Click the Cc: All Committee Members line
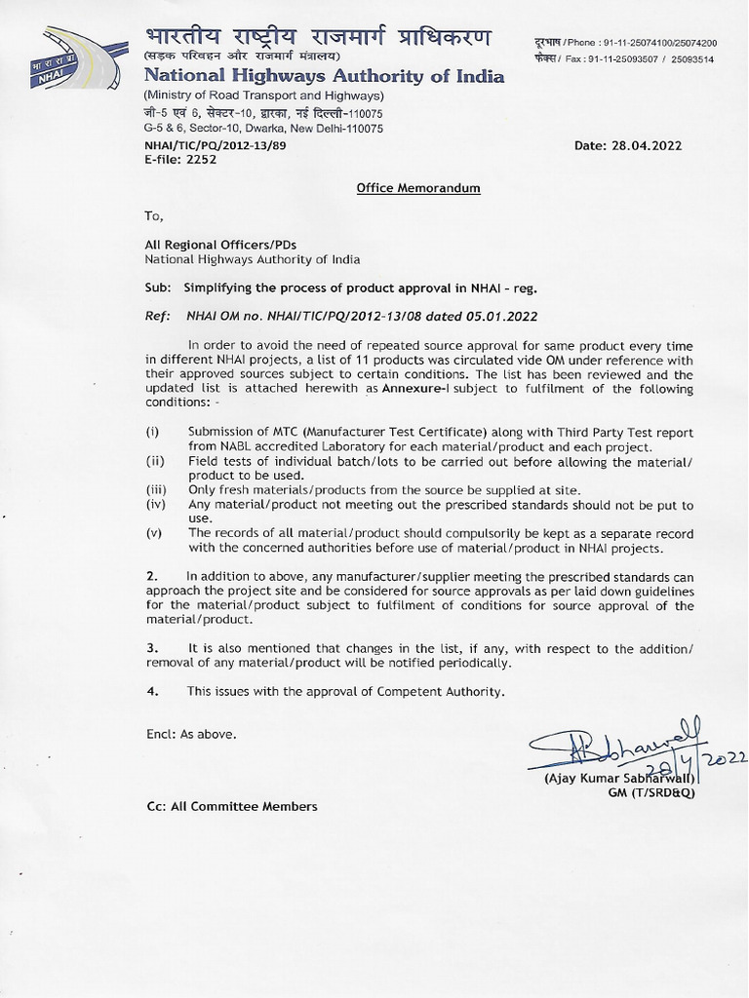(231, 806)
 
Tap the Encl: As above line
(190, 733)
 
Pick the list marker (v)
(154, 533)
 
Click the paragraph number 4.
(151, 691)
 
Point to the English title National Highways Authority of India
(324, 77)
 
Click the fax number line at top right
(625, 59)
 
